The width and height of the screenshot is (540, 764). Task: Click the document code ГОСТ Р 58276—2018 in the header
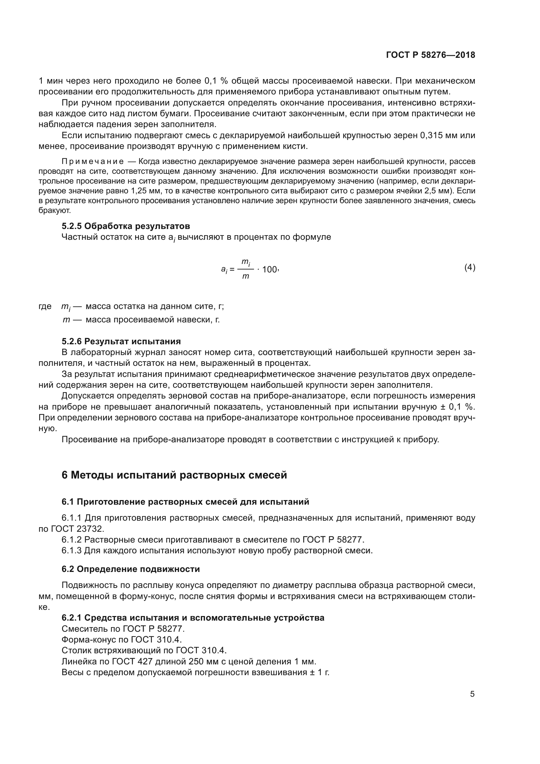tap(431, 55)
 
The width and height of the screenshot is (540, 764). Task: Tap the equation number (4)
tap(469, 267)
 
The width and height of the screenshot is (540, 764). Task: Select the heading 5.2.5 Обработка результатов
tap(126, 226)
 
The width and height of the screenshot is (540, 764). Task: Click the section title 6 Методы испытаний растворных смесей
tap(174, 475)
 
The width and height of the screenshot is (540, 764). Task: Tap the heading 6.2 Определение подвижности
tap(131, 569)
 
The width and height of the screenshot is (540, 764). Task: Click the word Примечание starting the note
tap(92, 162)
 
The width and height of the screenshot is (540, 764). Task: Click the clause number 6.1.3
tap(71, 550)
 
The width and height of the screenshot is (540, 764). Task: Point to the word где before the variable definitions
tap(45, 306)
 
